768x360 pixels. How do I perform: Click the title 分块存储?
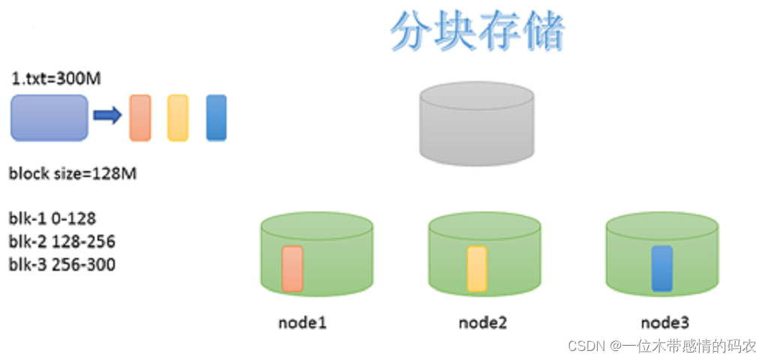point(477,31)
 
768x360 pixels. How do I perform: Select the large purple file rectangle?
point(49,118)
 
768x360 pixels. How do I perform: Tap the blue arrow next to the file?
point(107,115)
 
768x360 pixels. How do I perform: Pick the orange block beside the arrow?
point(140,117)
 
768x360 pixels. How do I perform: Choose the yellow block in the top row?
point(178,117)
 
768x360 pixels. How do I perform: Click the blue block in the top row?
point(216,117)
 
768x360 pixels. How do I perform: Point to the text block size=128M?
point(72,174)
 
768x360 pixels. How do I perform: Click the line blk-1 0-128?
point(52,218)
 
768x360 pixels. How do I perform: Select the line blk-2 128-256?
point(62,241)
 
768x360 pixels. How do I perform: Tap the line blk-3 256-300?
point(62,264)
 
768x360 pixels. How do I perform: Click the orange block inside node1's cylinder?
point(292,268)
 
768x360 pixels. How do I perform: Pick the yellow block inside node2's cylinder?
point(477,268)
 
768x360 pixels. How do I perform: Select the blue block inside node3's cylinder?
point(661,268)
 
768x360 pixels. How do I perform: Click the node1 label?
point(302,323)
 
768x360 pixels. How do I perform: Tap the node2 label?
point(483,323)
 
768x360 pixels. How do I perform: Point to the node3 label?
point(664,323)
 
